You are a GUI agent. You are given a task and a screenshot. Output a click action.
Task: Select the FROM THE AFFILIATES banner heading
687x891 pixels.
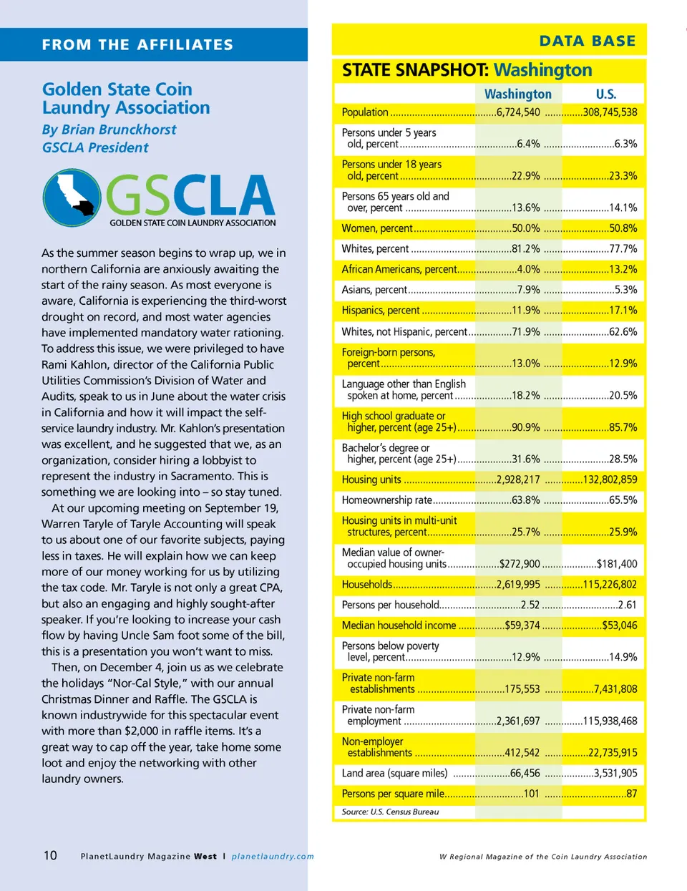coord(137,45)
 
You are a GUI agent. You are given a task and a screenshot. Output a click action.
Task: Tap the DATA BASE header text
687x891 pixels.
coord(587,41)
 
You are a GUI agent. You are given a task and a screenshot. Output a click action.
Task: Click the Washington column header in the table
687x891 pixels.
coord(517,94)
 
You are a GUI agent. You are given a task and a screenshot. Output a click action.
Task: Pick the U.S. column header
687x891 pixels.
coord(605,94)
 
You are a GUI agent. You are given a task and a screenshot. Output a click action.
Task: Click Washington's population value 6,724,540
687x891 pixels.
coord(518,112)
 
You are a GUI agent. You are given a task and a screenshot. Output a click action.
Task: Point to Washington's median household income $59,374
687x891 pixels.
coord(522,625)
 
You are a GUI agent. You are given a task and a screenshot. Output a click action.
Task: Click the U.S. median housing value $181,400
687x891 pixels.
coord(616,564)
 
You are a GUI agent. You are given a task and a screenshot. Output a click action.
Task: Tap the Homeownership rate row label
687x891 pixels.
coord(386,500)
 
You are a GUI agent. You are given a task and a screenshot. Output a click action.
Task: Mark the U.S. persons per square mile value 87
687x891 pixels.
coord(631,794)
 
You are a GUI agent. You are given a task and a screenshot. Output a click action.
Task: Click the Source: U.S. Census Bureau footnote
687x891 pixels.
coord(390,812)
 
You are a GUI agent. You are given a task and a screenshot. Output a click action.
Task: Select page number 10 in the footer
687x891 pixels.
coord(50,855)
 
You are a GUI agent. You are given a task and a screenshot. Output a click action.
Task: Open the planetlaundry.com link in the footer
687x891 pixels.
coord(273,856)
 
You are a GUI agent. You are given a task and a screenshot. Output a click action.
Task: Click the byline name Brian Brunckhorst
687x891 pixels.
coord(119,130)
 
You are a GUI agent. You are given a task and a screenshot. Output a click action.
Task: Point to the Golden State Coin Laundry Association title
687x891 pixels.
coord(126,99)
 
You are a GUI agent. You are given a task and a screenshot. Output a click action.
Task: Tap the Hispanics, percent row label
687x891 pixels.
coord(380,311)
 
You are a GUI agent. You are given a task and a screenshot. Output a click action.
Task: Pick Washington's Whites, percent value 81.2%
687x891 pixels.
coord(525,249)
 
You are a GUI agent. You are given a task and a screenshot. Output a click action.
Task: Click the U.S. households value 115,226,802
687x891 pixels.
coord(610,585)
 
